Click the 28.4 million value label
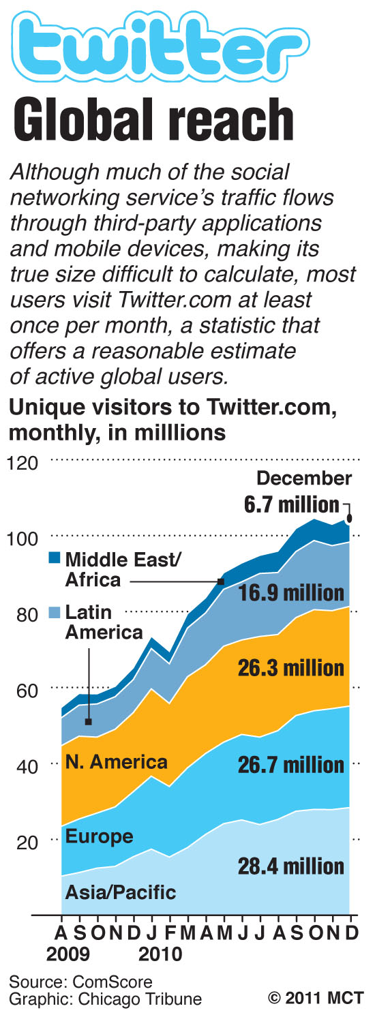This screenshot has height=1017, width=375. [x=290, y=866]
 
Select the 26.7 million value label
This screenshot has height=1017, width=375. [x=290, y=765]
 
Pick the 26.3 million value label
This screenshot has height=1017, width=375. [x=290, y=667]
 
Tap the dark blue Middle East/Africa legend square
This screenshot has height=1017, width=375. [x=55, y=559]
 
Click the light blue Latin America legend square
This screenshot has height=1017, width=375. [x=55, y=611]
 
